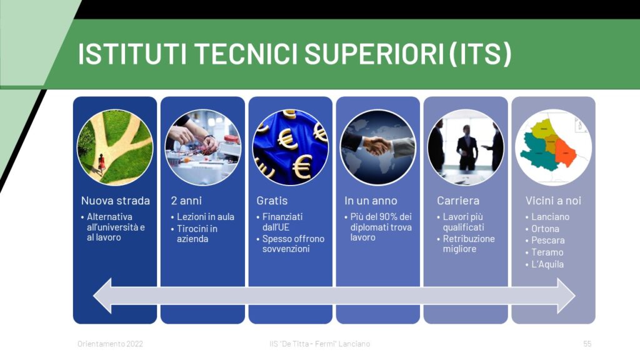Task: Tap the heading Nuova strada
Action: click(x=116, y=201)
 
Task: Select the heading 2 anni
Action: click(x=186, y=201)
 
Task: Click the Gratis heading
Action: click(x=272, y=201)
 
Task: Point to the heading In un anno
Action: click(x=371, y=201)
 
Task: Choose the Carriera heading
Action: click(x=458, y=201)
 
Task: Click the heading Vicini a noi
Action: click(x=553, y=201)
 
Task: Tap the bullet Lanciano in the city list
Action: click(x=550, y=217)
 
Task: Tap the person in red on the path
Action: click(x=101, y=162)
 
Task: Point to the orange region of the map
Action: click(x=565, y=152)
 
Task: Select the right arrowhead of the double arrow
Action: click(x=566, y=296)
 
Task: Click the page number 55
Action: click(x=587, y=344)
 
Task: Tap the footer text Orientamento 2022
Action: click(x=110, y=344)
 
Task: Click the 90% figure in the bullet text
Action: click(x=387, y=217)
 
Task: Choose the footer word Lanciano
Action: click(x=354, y=344)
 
